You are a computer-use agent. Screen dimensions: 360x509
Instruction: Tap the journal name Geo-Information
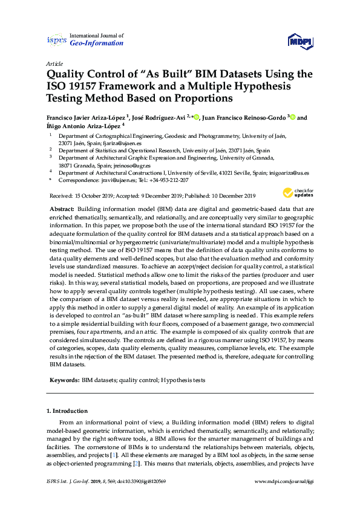[97, 44]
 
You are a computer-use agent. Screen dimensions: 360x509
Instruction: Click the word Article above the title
[54, 63]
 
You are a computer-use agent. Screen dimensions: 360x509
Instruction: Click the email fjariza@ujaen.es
[131, 143]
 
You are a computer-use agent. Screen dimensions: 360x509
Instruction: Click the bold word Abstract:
[61, 209]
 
